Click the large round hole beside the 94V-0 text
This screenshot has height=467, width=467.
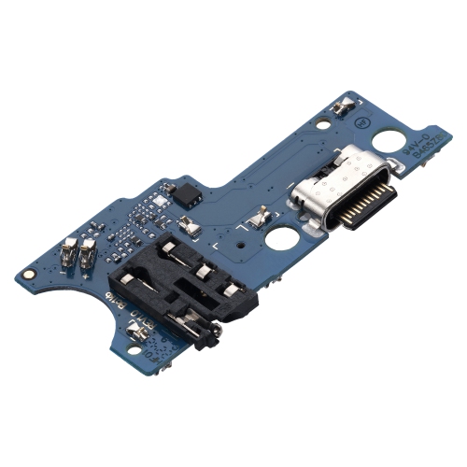[x=389, y=143]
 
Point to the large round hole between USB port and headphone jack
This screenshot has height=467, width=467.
[x=280, y=239]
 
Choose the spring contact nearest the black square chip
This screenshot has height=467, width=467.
[x=190, y=224]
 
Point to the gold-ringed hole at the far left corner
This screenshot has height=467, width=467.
[x=30, y=276]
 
